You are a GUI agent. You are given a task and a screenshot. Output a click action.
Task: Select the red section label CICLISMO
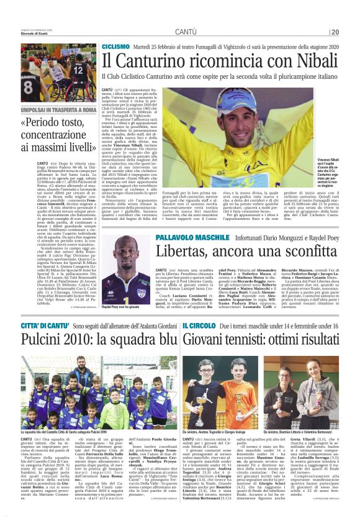tap(116, 47)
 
